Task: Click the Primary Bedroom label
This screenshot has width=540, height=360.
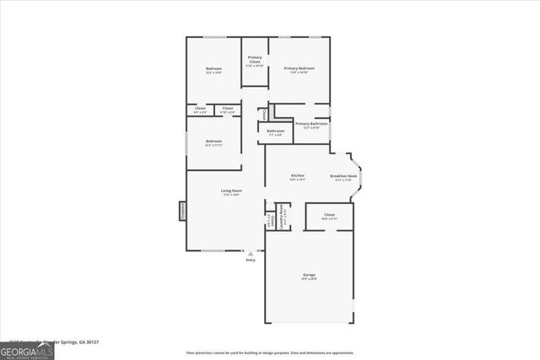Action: pyautogui.click(x=300, y=67)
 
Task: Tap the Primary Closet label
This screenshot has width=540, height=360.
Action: pyautogui.click(x=254, y=60)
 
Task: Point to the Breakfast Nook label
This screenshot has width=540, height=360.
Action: pyautogui.click(x=343, y=175)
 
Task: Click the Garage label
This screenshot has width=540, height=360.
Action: pyautogui.click(x=309, y=275)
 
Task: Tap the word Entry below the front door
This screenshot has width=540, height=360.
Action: pyautogui.click(x=251, y=260)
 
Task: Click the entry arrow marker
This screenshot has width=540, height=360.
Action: pyautogui.click(x=251, y=252)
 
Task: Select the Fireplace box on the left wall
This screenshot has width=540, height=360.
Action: pyautogui.click(x=182, y=211)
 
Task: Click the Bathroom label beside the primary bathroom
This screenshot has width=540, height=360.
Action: pyautogui.click(x=276, y=131)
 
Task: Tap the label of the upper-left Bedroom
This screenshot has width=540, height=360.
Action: pyautogui.click(x=213, y=69)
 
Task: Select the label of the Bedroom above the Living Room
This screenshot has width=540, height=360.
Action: pyautogui.click(x=213, y=141)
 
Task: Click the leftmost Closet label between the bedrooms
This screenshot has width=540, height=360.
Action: pyautogui.click(x=200, y=108)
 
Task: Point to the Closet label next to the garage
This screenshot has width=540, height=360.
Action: pyautogui.click(x=330, y=215)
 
